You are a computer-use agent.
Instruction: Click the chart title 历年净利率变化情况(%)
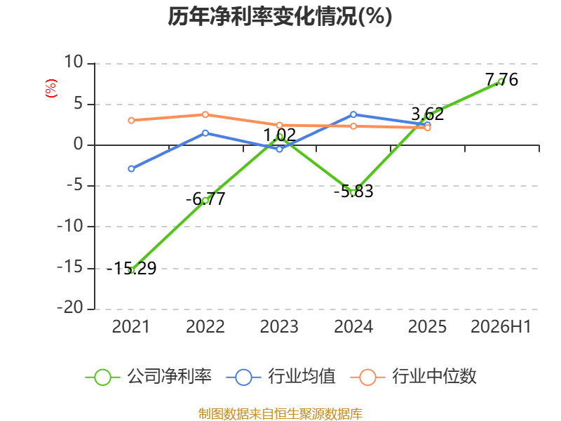tap(280, 16)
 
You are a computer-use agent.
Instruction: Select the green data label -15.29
tap(131, 269)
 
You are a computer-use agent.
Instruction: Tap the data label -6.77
tap(205, 199)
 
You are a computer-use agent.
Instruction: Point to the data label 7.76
tap(501, 79)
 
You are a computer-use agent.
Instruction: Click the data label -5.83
tap(353, 191)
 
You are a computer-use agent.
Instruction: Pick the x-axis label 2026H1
tap(501, 327)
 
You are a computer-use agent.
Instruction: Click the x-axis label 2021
tap(131, 327)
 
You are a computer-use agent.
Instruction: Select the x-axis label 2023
tap(279, 327)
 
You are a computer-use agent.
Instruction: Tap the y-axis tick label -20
tap(69, 307)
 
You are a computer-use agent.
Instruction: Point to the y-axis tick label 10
tap(74, 62)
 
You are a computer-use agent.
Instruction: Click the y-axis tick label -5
tap(75, 185)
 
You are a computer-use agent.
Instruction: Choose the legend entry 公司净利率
tap(149, 377)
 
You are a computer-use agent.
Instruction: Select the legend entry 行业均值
tap(281, 377)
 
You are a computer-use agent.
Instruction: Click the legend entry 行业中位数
tap(414, 377)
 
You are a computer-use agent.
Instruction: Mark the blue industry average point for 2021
tap(131, 168)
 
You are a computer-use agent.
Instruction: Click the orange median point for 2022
tap(205, 114)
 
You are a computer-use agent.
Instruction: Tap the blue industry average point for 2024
tap(353, 114)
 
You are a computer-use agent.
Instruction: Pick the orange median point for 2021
tap(131, 120)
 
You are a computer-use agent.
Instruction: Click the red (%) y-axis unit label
tap(51, 88)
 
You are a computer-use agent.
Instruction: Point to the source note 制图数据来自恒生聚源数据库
tap(280, 414)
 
